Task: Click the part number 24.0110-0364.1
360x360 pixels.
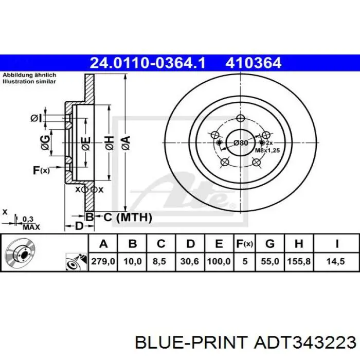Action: pyautogui.click(x=148, y=63)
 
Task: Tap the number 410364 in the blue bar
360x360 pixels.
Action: pyautogui.click(x=253, y=63)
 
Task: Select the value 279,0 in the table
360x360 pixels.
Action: pyautogui.click(x=103, y=261)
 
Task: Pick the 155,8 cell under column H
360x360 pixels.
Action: pyautogui.click(x=299, y=261)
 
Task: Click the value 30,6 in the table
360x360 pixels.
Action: pyautogui.click(x=189, y=261)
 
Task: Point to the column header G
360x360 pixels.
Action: pyautogui.click(x=270, y=244)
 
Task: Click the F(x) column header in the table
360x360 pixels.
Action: pyautogui.click(x=245, y=244)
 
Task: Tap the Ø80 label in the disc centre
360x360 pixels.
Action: pyautogui.click(x=241, y=143)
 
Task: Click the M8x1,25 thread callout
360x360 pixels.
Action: pyautogui.click(x=267, y=150)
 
